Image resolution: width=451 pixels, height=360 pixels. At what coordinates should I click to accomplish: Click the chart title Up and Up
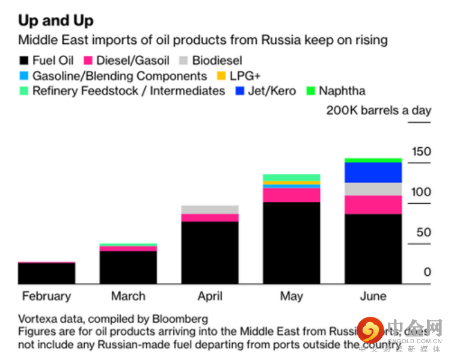coord(56,20)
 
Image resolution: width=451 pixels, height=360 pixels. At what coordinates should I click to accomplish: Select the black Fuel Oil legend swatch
coord(24,61)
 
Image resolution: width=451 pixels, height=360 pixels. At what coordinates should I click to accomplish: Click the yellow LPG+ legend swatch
coord(220,76)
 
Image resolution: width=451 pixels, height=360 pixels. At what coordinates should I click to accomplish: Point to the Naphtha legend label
coord(342,91)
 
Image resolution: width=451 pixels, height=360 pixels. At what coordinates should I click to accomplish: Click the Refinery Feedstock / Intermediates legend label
coord(129,91)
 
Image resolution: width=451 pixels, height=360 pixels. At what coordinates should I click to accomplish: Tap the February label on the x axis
coord(46,296)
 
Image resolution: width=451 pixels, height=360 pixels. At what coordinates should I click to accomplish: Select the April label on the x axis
coord(210,296)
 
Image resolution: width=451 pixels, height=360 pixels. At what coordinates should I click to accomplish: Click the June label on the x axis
coord(373,296)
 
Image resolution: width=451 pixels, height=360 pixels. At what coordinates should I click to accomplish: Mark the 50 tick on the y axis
coord(423,232)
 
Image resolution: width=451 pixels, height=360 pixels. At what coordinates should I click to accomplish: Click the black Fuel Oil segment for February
coord(46,273)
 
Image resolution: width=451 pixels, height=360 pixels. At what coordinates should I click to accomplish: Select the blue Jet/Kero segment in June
coord(373,172)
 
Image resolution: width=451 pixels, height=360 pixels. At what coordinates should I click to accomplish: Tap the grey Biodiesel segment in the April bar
coord(210,209)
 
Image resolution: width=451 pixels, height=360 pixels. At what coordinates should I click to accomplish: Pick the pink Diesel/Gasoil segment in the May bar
coord(291,195)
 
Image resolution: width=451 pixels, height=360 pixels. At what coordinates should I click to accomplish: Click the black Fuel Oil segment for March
coord(128,267)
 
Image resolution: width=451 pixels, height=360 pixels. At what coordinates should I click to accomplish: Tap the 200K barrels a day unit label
coord(378,110)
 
